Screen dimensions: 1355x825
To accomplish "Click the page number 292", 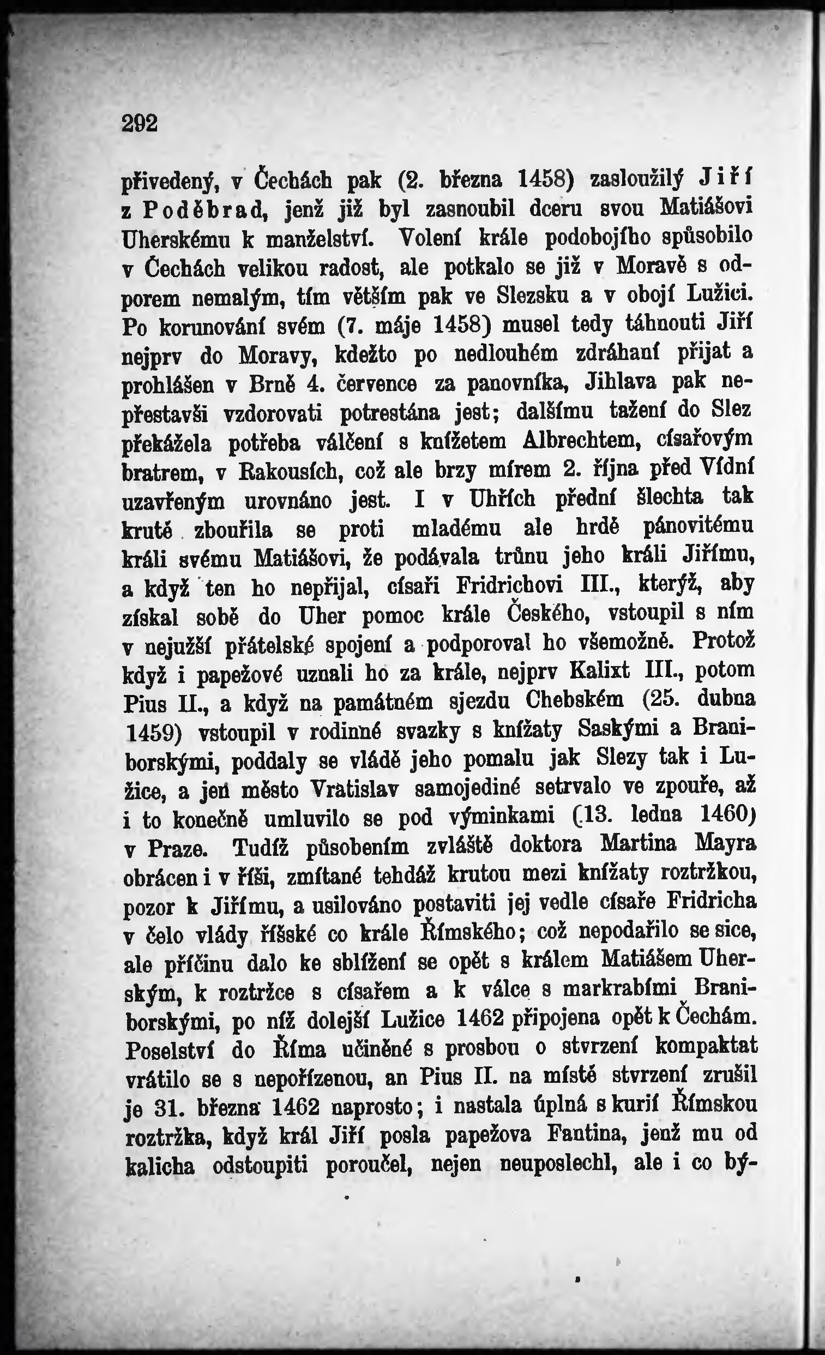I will click(x=140, y=123).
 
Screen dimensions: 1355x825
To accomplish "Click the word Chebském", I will click(x=574, y=700).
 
